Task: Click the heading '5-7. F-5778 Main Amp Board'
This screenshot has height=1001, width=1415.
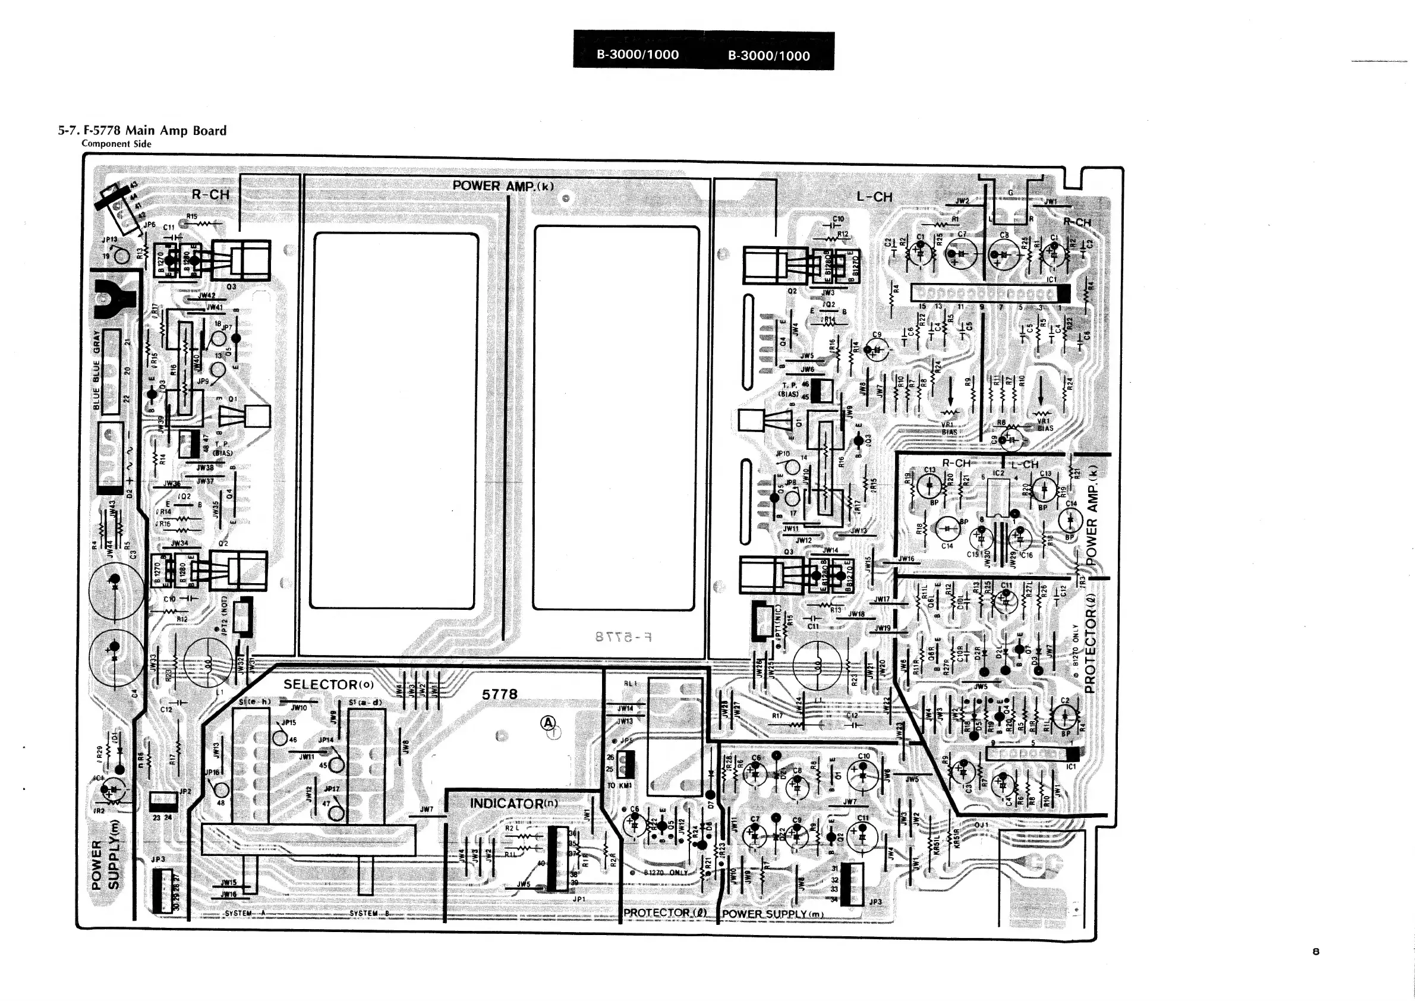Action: click(x=143, y=131)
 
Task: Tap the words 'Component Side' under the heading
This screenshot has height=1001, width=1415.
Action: click(x=116, y=144)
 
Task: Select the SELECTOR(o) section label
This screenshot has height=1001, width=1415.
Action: click(x=329, y=684)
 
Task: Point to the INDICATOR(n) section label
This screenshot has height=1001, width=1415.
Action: click(x=514, y=803)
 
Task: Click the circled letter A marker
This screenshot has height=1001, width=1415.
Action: click(x=547, y=723)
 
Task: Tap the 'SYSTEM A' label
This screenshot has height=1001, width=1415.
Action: click(x=246, y=913)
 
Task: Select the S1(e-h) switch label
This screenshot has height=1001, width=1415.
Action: click(x=254, y=702)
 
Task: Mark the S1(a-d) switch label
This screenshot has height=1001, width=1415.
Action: click(x=365, y=702)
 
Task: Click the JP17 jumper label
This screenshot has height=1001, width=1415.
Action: click(x=332, y=788)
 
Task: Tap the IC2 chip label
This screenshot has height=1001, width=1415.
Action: click(x=999, y=473)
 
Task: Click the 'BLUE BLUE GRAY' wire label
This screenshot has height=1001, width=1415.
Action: click(x=96, y=370)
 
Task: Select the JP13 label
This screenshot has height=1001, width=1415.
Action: click(x=109, y=240)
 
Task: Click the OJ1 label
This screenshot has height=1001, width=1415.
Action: click(x=981, y=824)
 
